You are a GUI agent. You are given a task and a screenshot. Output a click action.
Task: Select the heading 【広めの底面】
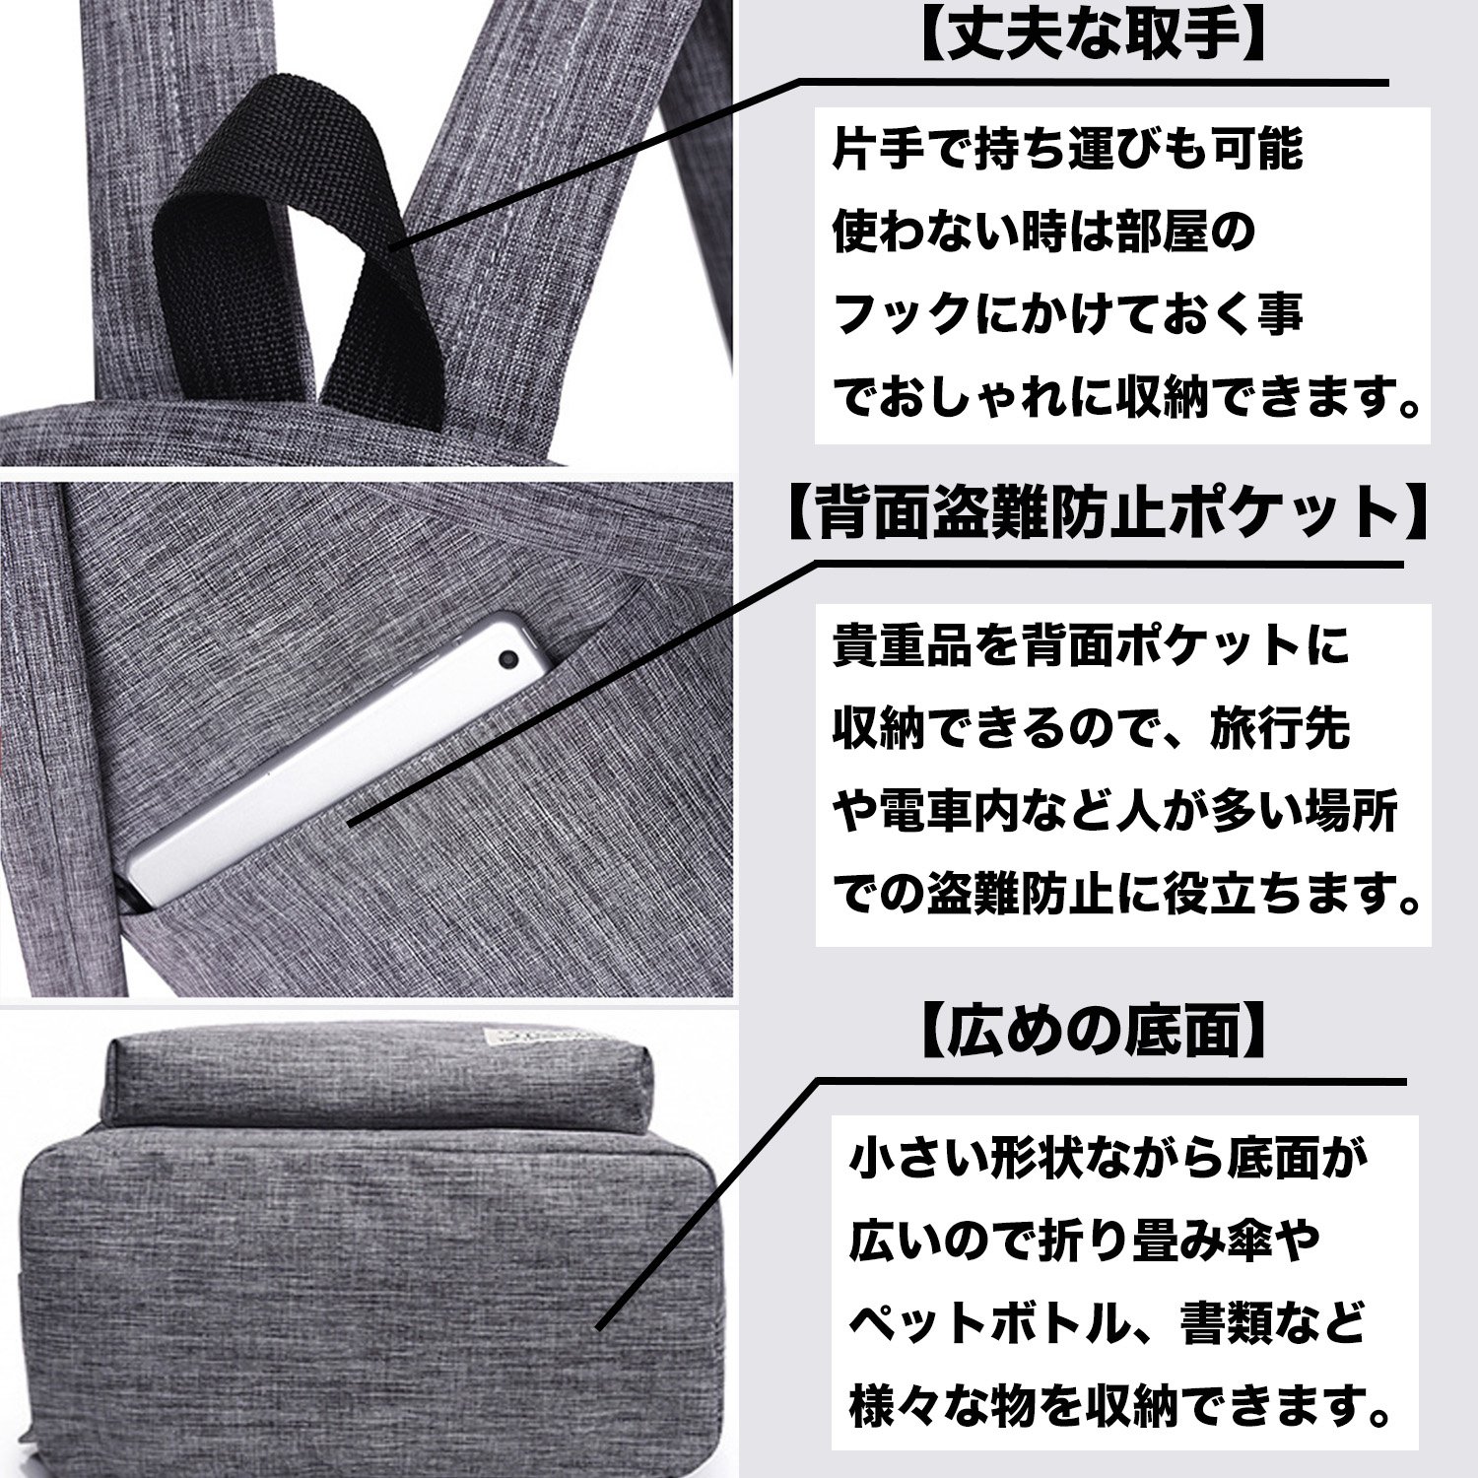point(1093,1033)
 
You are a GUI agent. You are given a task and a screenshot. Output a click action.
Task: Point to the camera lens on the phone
point(508,657)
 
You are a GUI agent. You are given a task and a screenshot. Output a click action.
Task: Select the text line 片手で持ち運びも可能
point(1068,150)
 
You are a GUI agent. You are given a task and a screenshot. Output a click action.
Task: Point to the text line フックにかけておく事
point(1068,315)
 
